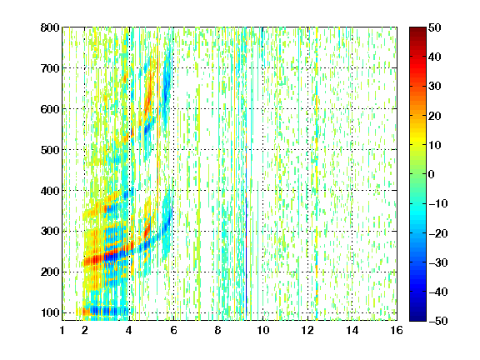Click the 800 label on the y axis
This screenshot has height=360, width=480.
pyautogui.click(x=50, y=27)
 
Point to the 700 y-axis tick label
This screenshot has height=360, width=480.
pyautogui.click(x=50, y=68)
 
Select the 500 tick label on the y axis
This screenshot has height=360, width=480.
pyautogui.click(x=50, y=150)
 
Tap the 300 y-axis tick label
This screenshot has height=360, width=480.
pyautogui.click(x=50, y=232)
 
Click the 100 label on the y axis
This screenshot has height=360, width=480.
pyautogui.click(x=50, y=312)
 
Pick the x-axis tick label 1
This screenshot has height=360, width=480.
pyautogui.click(x=62, y=330)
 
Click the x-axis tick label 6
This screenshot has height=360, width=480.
pyautogui.click(x=173, y=330)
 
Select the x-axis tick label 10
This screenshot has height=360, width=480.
pyautogui.click(x=262, y=330)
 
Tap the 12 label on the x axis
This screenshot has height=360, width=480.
pyautogui.click(x=307, y=330)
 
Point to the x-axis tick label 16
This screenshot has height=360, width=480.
pyautogui.click(x=397, y=330)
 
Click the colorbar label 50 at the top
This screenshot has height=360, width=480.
pyautogui.click(x=435, y=27)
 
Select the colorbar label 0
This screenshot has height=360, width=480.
pyautogui.click(x=432, y=174)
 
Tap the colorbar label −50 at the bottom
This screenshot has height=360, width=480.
pyautogui.click(x=438, y=321)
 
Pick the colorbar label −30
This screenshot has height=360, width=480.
pyautogui.click(x=438, y=262)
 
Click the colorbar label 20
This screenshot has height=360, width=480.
pyautogui.click(x=435, y=116)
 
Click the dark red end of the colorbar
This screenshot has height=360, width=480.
pyautogui.click(x=417, y=30)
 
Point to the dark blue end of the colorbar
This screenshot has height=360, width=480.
pyautogui.click(x=417, y=318)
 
